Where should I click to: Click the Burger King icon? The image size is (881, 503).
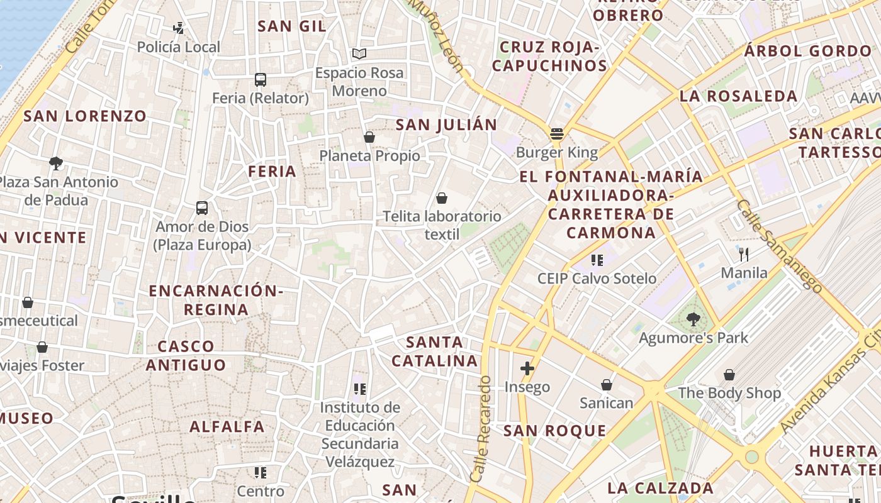[556, 134]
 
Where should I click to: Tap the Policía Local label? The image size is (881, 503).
[179, 47]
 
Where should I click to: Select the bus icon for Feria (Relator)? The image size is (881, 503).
[260, 80]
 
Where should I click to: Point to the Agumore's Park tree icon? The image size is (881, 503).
[693, 319]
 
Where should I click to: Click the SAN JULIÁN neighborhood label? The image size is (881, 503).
[446, 124]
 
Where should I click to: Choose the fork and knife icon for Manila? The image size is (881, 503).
[744, 254]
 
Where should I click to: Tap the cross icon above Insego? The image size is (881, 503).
[527, 368]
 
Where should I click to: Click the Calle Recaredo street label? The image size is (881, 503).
[480, 429]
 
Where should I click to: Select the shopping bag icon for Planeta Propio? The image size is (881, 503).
[369, 137]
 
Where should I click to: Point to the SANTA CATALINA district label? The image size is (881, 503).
[434, 351]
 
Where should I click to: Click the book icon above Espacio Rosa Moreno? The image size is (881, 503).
[359, 54]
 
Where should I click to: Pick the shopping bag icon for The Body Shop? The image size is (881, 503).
[729, 375]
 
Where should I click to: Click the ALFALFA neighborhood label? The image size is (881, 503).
[227, 426]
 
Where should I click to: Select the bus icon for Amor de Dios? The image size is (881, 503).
[202, 208]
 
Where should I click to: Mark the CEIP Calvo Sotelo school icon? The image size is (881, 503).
[597, 260]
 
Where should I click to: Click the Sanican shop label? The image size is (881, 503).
[606, 403]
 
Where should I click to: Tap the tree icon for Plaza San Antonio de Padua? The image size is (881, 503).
[55, 163]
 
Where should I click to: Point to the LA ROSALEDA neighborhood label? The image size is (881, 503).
[738, 96]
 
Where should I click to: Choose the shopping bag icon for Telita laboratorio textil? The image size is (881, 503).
[442, 198]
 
